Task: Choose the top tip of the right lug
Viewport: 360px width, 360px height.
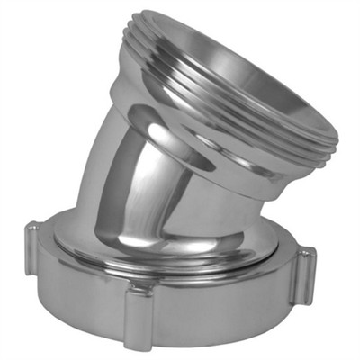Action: [x=307, y=250]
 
